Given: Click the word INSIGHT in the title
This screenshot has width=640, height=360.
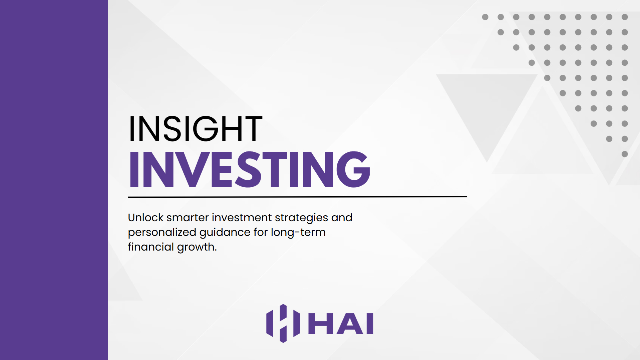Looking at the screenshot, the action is point(195,129).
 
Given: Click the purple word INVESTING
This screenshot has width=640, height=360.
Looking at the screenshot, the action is point(250,169).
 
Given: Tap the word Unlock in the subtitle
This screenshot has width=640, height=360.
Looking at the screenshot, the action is point(145,218).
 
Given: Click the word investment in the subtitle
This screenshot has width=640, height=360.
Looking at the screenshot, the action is point(242,218).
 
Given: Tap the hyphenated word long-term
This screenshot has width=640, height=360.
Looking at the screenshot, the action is point(298,233).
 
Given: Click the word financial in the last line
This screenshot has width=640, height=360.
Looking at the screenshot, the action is point(151,247).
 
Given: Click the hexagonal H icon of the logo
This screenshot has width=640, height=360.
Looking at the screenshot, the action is point(283,323).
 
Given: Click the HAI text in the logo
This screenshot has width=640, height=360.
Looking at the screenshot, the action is point(341,324).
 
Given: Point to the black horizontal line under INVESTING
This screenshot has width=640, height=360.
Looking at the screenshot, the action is point(297,197).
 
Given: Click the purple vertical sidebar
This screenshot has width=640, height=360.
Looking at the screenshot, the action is point(54,180).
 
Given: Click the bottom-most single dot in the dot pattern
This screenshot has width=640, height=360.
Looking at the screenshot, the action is point(625,154).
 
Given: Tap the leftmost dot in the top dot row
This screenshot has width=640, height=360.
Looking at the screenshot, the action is point(485,17).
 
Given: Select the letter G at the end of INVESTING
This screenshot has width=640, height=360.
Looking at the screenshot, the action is point(353,169).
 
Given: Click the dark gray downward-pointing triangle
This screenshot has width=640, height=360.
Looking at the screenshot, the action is point(487,110).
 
